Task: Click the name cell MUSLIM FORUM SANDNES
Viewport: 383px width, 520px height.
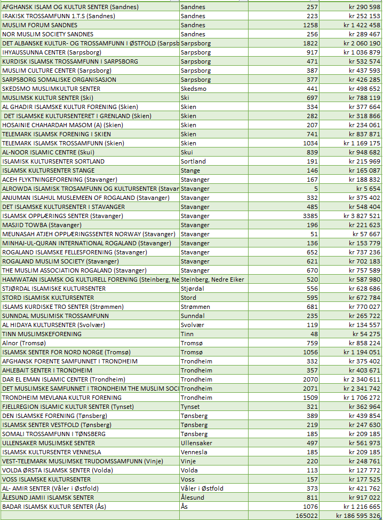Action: tap(40, 25)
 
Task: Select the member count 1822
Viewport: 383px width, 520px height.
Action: tap(309, 43)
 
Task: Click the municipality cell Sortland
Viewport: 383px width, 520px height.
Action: tap(193, 161)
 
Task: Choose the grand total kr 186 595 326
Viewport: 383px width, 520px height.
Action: tap(358, 516)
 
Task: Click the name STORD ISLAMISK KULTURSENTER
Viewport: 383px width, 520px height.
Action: tap(48, 298)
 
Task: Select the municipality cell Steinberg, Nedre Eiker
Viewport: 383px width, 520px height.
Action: tap(213, 280)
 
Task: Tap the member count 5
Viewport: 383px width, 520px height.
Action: tap(316, 189)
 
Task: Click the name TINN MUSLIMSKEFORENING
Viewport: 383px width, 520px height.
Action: tap(42, 334)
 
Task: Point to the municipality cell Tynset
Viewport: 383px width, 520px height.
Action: tap(190, 407)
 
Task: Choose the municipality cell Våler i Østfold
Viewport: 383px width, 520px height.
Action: tap(202, 488)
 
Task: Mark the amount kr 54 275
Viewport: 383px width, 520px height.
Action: tap(366, 334)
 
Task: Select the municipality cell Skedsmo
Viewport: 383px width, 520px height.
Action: tap(193, 89)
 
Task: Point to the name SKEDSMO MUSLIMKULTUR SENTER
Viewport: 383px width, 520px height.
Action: tap(51, 89)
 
